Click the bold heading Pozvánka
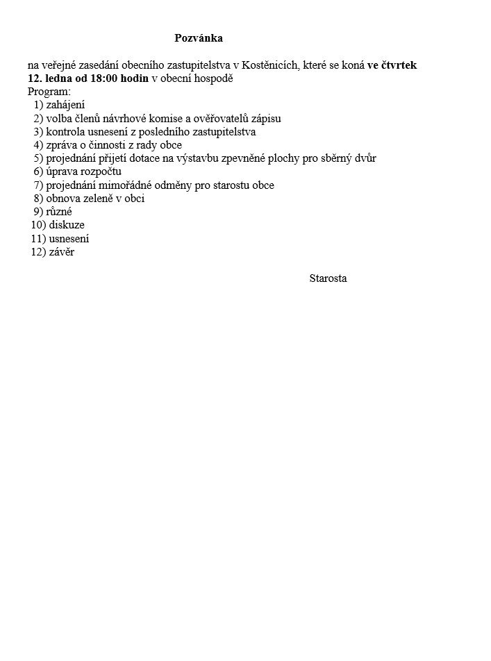[x=199, y=37]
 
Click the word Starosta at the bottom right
[x=328, y=278]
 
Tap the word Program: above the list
[x=49, y=92]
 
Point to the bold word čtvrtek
[x=398, y=65]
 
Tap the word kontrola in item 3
[x=65, y=132]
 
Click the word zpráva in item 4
[x=61, y=145]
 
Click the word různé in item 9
[x=59, y=212]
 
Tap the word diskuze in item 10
[x=67, y=225]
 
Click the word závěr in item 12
[x=62, y=252]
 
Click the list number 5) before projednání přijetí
[x=38, y=158]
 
